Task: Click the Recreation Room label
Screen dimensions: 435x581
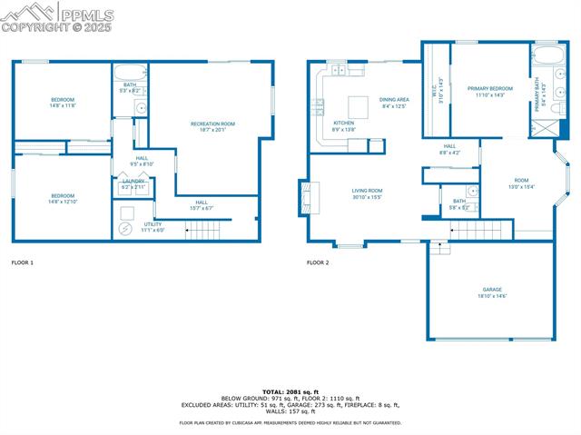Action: coord(212,126)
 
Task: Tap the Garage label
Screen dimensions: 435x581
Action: coord(492,292)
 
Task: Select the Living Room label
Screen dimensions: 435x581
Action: coord(367,193)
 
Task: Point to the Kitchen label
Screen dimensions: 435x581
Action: coord(343,126)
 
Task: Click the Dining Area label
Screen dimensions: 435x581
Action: coord(393,103)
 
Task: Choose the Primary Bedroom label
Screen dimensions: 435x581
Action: coord(490,91)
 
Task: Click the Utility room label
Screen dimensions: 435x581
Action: coord(153,227)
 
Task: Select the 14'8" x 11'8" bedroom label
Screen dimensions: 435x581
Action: coord(62,103)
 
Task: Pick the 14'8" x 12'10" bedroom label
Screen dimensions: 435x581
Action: coord(62,199)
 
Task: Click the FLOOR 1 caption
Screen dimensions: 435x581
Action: coord(23,262)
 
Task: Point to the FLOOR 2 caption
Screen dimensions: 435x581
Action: coord(318,262)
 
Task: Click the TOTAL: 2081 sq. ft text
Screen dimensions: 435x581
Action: coord(290,391)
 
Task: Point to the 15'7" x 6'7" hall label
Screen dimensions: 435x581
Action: coord(201,205)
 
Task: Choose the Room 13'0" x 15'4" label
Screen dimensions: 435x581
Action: coord(521,183)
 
